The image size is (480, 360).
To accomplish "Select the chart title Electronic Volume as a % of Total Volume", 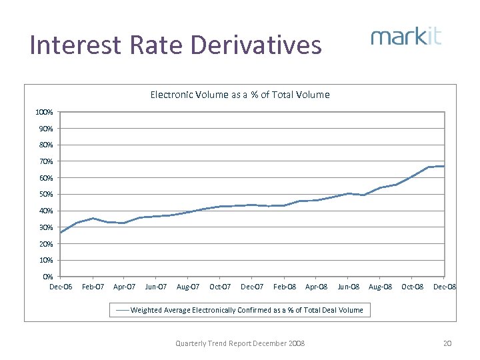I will coord(240,95).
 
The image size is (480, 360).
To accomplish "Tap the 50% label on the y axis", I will coord(45,195).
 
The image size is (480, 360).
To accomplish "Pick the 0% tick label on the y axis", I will coord(47,277).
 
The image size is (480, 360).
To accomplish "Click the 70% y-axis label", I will coord(45,161).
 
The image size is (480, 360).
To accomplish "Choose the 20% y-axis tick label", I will coord(45,244).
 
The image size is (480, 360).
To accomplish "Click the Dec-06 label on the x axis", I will coord(61,287).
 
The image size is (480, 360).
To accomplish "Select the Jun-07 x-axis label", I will coord(156,287).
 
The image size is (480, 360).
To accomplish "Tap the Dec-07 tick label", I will coord(252,287).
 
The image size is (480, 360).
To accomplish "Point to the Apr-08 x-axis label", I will coord(316,287).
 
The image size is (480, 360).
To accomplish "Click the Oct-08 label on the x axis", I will coord(411,287).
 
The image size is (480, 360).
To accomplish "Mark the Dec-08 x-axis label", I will coord(445,287).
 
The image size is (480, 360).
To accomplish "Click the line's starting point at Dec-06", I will coord(61,232).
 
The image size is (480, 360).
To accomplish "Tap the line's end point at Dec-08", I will coord(444,166).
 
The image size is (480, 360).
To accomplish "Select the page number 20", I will coord(447,343).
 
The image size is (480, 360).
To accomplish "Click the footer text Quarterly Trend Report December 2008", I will coord(240,343).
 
